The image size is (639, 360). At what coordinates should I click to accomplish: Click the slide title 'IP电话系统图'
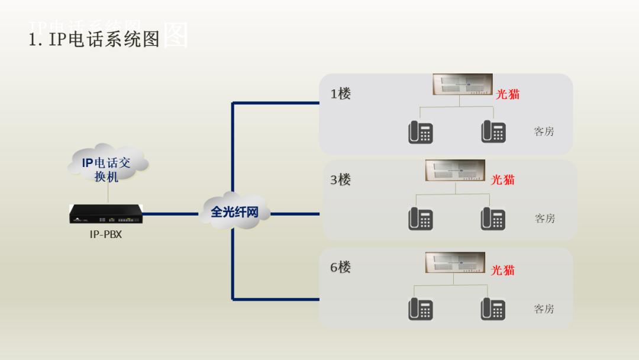(95, 39)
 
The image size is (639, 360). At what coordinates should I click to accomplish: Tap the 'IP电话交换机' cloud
(107, 169)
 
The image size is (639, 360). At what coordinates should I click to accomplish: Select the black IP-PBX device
(106, 214)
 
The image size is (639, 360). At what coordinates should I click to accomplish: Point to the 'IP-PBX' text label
(106, 234)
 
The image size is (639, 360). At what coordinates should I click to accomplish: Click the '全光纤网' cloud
(235, 211)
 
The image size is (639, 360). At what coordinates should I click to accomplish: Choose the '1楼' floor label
(341, 94)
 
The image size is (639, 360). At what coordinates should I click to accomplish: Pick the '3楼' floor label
(341, 179)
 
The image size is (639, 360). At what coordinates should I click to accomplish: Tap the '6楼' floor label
(341, 267)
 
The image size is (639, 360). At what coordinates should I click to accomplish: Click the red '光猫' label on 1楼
(508, 94)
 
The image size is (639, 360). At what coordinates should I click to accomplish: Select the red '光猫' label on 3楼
(503, 179)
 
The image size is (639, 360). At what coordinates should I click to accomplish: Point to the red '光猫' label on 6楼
(503, 270)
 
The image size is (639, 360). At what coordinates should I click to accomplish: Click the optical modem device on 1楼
(462, 84)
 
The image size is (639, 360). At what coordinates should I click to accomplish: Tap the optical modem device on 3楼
(455, 170)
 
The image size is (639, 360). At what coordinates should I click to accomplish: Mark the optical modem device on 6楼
(455, 262)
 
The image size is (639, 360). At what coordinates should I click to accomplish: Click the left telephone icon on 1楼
(420, 132)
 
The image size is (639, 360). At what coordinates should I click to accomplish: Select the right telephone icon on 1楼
(493, 131)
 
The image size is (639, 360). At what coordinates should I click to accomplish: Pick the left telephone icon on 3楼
(420, 218)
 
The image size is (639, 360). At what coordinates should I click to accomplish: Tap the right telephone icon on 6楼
(493, 309)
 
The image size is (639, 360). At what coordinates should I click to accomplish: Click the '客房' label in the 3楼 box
(545, 218)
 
